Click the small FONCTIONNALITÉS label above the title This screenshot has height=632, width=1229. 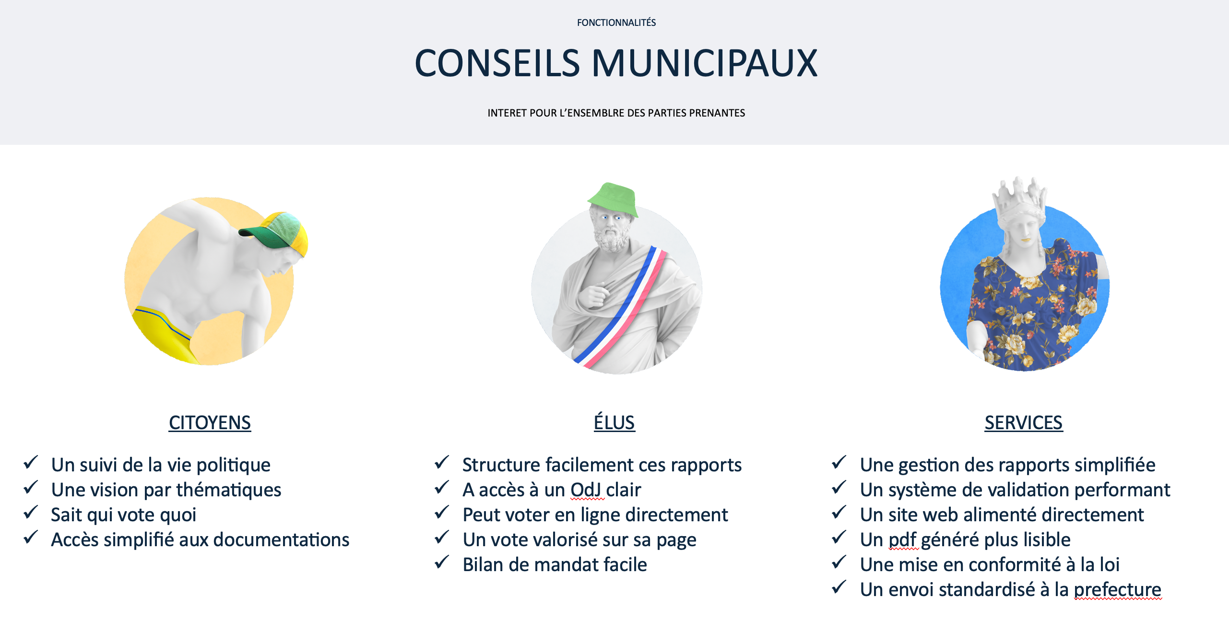tap(616, 23)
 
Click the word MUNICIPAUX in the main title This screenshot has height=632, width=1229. tap(705, 63)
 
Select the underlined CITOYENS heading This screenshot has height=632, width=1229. tap(210, 423)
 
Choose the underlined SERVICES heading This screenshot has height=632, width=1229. tap(1023, 423)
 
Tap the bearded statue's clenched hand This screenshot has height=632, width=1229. tap(594, 295)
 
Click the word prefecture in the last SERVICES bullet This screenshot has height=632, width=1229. tap(1117, 590)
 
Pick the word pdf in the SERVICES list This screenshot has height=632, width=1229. tap(903, 540)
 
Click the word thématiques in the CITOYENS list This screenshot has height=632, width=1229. tap(229, 490)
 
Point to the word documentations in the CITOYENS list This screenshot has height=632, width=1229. tap(281, 540)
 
